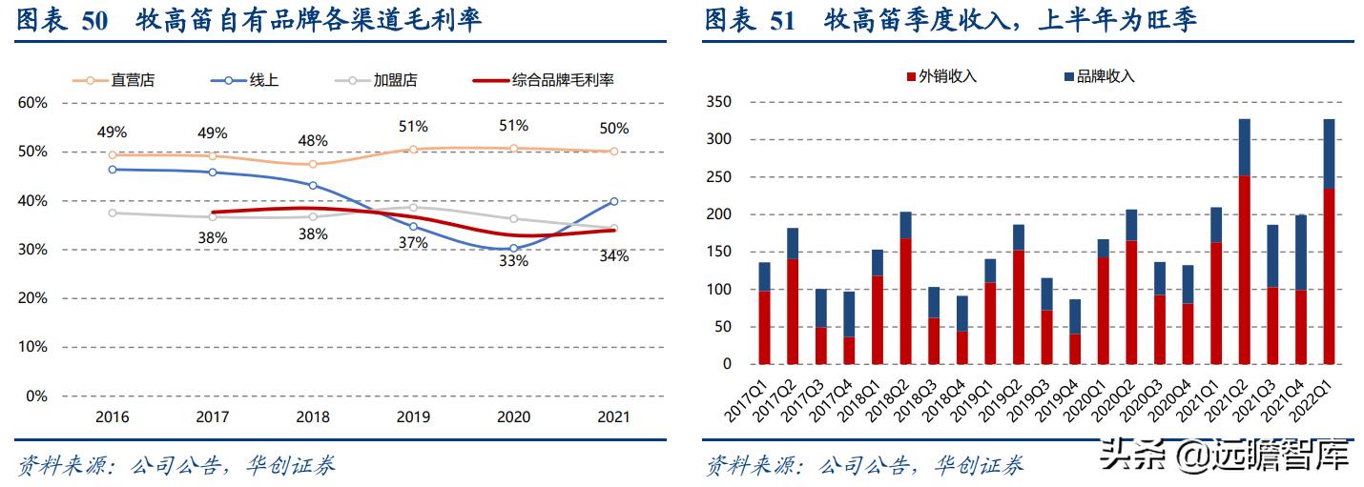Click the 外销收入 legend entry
(x=946, y=76)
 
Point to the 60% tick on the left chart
(x=32, y=103)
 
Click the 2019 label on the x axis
(x=413, y=417)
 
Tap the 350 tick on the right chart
(x=718, y=102)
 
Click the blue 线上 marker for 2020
(x=513, y=248)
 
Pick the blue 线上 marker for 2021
(x=613, y=201)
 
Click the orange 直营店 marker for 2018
(x=313, y=164)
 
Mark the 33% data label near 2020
(x=513, y=260)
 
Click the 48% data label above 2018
(x=313, y=140)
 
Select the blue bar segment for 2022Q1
(x=1328, y=153)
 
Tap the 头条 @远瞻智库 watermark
(x=1225, y=457)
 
